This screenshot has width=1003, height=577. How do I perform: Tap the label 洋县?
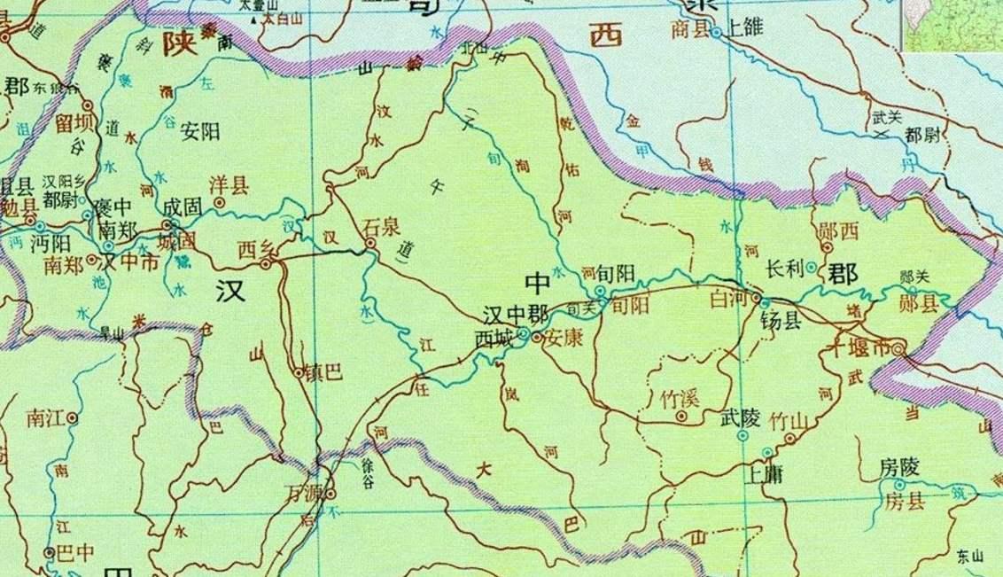228,185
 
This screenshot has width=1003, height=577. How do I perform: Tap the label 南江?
46,416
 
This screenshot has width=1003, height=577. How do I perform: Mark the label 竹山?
787,420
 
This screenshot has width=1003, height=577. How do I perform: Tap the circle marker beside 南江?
72,417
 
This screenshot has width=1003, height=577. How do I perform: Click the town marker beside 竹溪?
681,415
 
